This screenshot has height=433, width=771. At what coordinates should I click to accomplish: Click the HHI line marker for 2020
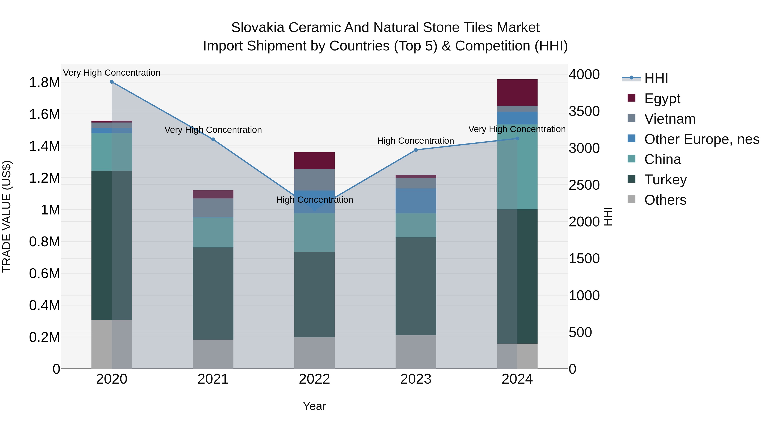112,82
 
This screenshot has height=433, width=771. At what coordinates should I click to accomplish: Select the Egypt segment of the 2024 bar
517,93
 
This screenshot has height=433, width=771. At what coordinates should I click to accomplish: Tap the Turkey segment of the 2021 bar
213,293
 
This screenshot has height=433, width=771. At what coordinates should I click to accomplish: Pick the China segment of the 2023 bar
416,225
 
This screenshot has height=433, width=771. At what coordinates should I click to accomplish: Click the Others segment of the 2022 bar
314,353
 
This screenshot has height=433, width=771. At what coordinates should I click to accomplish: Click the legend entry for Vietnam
670,119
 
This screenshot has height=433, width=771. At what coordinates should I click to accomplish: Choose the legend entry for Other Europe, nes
702,139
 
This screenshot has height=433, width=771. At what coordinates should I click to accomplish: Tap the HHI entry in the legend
656,78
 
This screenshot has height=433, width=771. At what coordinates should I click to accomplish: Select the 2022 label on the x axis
314,379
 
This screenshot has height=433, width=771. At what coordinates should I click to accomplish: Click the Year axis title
314,406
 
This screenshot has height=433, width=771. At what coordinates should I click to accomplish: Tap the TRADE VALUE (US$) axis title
7,216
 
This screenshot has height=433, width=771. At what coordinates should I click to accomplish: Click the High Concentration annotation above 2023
415,141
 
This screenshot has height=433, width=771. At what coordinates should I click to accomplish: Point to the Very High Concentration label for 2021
213,130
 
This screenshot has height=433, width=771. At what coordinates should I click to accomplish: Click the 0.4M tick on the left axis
44,305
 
